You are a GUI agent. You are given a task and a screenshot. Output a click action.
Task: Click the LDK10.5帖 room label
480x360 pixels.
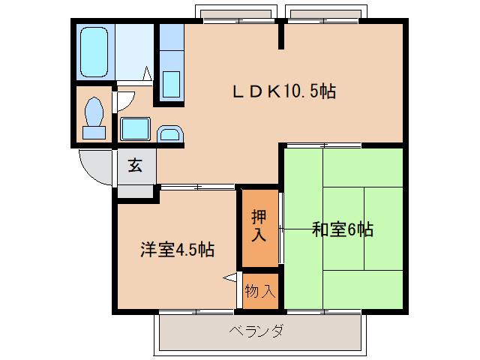point(283,92)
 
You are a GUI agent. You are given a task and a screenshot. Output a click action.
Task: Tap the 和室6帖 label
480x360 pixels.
point(342,229)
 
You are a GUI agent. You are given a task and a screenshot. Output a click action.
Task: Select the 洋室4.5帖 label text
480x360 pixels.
point(177,250)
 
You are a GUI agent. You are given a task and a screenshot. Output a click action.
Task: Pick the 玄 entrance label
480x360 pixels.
point(135,165)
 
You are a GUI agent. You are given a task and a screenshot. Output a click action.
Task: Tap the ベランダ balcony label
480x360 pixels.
point(256,330)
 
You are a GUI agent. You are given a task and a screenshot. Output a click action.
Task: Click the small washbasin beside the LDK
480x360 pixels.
point(169,134)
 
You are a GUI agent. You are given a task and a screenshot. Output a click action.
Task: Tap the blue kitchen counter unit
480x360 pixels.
point(171,64)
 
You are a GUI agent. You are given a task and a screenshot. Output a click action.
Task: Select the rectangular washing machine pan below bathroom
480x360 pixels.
point(136,128)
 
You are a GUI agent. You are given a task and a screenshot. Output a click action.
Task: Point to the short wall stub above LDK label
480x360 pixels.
point(282,34)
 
